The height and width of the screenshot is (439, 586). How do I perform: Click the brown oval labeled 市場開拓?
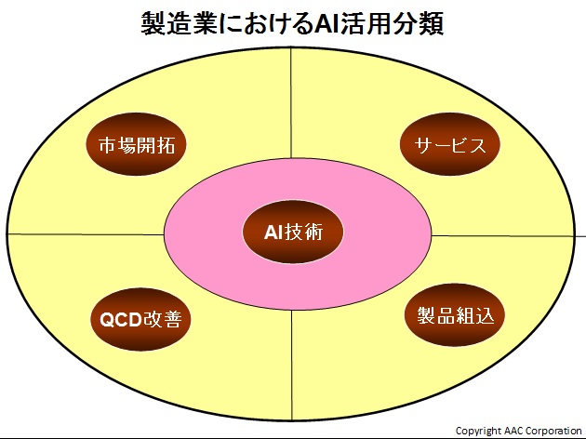[x=136, y=144]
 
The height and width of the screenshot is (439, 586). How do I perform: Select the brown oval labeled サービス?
[x=450, y=144]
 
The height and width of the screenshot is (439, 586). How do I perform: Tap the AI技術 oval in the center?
[x=293, y=232]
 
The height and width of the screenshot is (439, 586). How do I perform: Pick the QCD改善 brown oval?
[x=140, y=319]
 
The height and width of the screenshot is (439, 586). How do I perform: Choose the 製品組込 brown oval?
[x=455, y=315]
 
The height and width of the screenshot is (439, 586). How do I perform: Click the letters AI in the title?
[x=326, y=25]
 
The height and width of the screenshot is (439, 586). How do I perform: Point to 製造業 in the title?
[x=179, y=24]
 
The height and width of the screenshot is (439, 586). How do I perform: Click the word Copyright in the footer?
[x=478, y=432]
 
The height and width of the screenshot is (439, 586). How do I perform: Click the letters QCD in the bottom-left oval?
[x=121, y=320]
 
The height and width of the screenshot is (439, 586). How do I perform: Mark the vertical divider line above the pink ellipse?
[x=291, y=103]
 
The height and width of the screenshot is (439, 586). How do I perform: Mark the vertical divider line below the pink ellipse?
[x=291, y=365]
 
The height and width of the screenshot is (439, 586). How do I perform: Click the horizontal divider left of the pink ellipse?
[x=86, y=234]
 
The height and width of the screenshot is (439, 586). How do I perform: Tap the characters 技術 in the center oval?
[x=303, y=233]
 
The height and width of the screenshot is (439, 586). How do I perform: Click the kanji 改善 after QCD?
[x=163, y=320]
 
